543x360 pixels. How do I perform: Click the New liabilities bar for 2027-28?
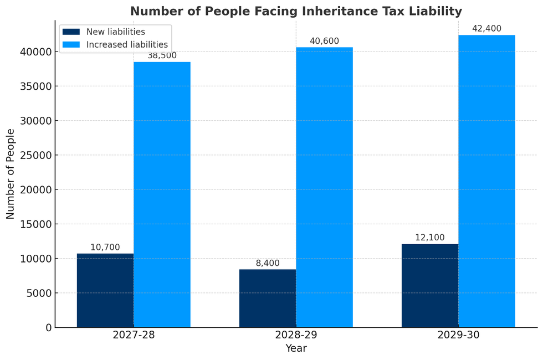(105, 290)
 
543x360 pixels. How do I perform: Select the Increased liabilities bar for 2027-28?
(162, 194)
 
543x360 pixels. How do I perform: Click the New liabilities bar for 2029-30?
(430, 285)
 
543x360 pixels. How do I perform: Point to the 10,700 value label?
(105, 248)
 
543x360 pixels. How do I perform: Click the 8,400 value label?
(268, 263)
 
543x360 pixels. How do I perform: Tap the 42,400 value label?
(486, 29)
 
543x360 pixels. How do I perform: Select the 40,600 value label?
(324, 41)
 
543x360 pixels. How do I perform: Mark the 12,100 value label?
(430, 238)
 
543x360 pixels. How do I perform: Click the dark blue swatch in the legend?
(71, 32)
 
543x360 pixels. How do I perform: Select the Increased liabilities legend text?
(127, 45)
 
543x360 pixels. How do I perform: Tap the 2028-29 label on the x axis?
(296, 335)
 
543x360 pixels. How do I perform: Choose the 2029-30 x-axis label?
(458, 335)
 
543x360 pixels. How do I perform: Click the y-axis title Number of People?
(11, 174)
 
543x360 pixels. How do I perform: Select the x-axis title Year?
(296, 349)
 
